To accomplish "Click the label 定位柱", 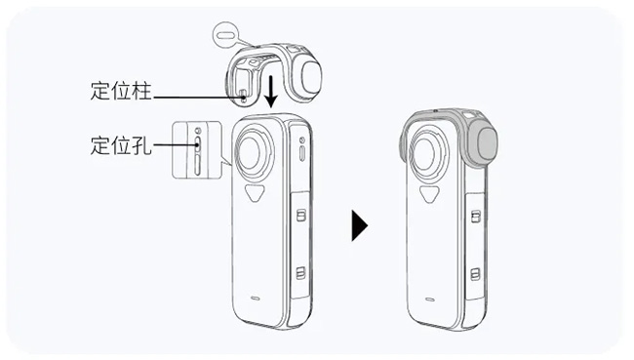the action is [x=121, y=91].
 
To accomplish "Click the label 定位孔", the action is [x=121, y=145].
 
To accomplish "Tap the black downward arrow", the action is [x=271, y=91].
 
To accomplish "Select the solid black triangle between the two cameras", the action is [x=360, y=225].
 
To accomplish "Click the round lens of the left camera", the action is [x=255, y=151].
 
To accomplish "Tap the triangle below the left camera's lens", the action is [x=255, y=192].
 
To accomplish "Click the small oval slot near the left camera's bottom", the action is [x=256, y=299].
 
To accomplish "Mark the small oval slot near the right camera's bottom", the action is [x=430, y=300].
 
